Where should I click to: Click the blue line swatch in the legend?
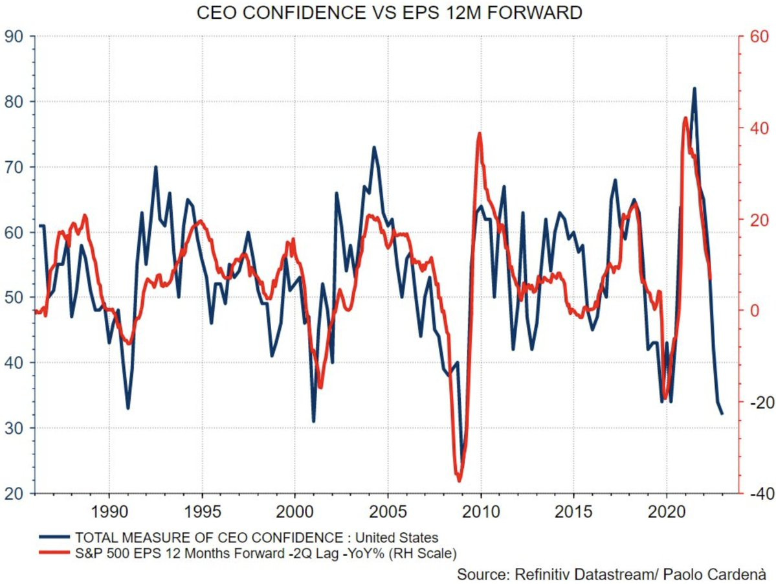point(54,537)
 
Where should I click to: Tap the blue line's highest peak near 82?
point(694,88)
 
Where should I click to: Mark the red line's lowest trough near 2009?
point(460,480)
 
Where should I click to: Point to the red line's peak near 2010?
point(480,133)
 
